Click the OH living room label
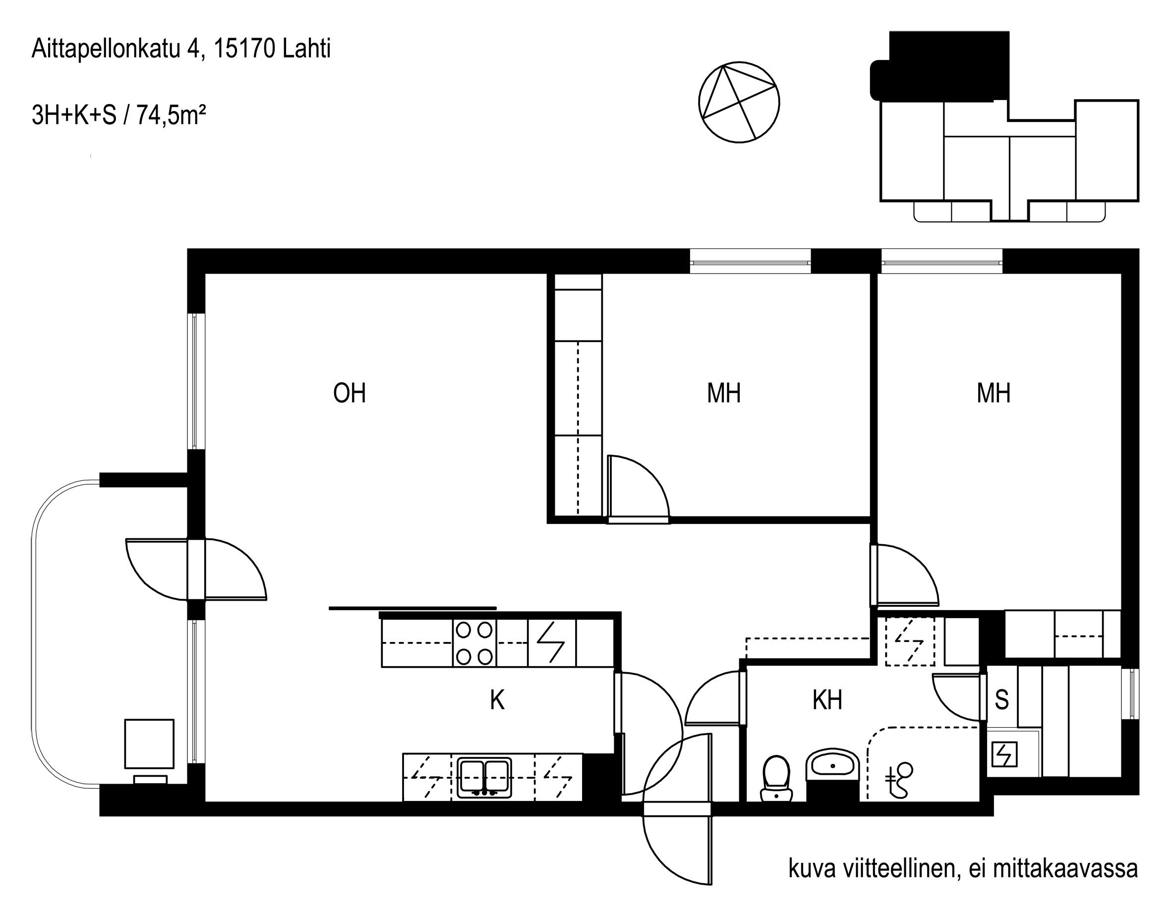click(350, 393)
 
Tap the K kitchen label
click(497, 700)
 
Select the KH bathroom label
click(827, 700)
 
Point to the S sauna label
click(1001, 700)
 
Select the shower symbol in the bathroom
click(900, 780)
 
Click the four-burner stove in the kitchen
click(474, 643)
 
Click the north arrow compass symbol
click(739, 102)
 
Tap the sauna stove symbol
click(1004, 754)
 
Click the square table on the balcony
click(149, 744)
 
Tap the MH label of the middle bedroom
click(724, 393)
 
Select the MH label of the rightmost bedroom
click(994, 393)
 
